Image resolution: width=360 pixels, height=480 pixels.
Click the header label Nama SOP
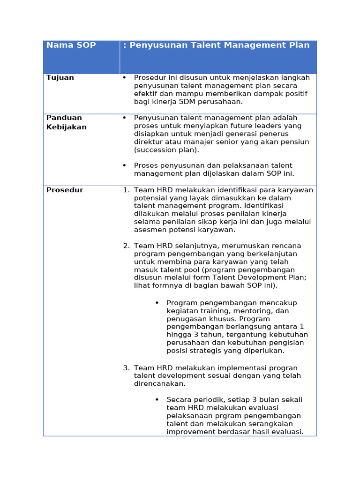[71, 45]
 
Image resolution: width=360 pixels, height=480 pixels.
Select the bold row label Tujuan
[60, 77]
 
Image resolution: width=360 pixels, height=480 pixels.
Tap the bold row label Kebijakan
[66, 127]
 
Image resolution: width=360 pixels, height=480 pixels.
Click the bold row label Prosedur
[65, 190]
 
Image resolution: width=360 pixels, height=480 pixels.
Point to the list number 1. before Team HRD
[126, 190]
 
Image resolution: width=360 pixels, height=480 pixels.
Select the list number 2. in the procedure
[126, 246]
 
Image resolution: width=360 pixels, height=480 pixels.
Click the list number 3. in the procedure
[126, 368]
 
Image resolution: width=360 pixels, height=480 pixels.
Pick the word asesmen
[149, 230]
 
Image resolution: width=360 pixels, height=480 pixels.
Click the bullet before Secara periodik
[157, 400]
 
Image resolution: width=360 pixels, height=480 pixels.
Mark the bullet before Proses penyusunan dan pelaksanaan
[124, 165]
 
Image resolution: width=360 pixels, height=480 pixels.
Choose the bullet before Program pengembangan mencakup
[157, 303]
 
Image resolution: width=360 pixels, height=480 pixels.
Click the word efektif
[146, 93]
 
